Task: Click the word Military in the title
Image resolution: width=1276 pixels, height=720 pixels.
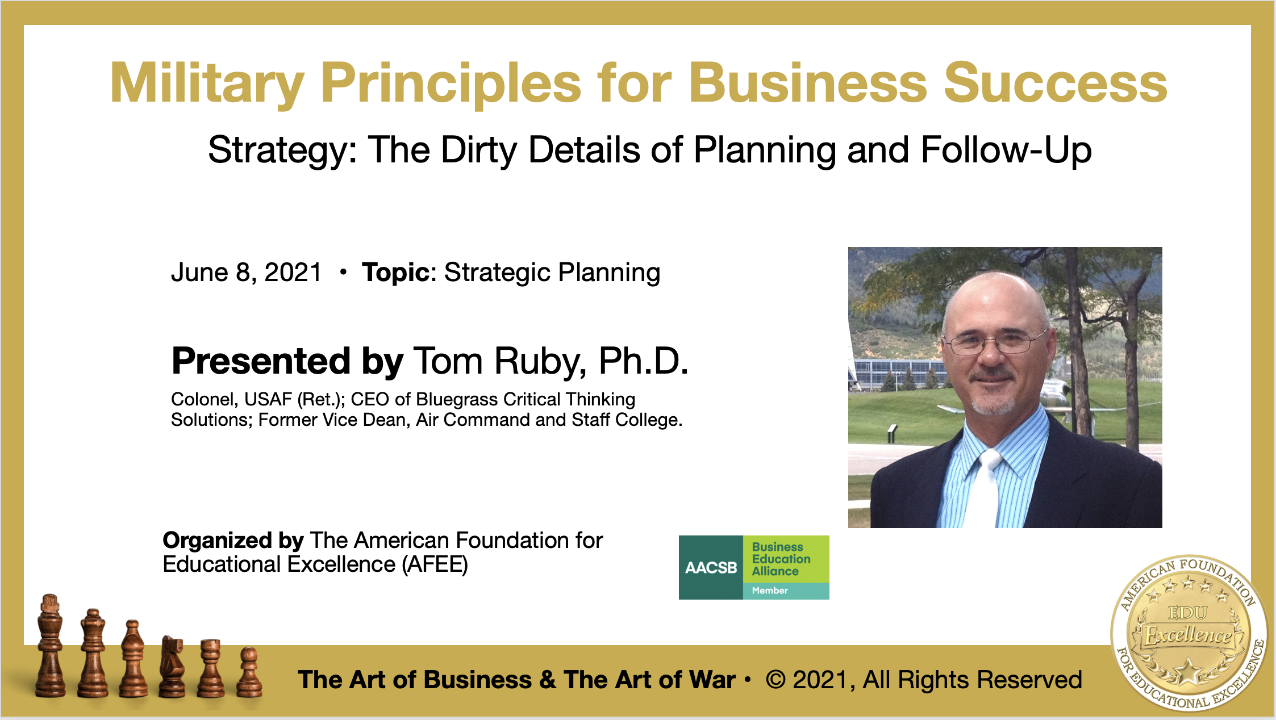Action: click(207, 84)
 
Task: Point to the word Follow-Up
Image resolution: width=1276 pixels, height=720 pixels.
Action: click(1006, 150)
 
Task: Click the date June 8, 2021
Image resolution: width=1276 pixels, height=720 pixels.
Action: click(247, 273)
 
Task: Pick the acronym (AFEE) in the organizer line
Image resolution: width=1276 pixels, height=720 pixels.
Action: click(435, 565)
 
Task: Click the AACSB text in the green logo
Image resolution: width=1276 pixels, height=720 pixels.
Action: click(711, 568)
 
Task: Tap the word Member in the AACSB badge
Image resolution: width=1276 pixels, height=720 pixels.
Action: click(770, 591)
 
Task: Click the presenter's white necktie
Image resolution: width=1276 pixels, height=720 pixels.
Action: click(984, 489)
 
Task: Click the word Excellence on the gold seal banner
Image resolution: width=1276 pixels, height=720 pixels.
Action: click(1188, 635)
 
